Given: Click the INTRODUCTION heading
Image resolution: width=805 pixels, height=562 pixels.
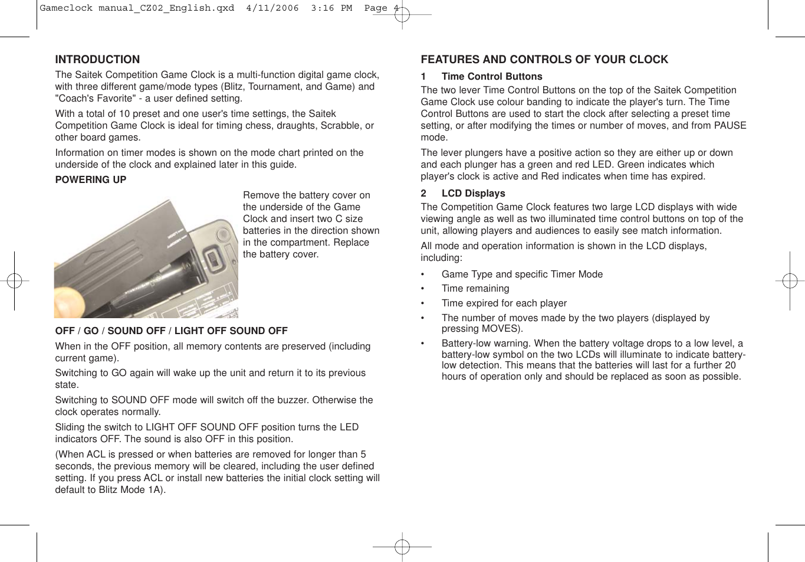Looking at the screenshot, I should tap(97, 60).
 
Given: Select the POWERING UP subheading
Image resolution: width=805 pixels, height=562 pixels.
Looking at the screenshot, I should tap(90, 180).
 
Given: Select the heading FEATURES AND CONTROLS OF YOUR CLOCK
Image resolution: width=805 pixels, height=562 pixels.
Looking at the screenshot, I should tap(544, 60).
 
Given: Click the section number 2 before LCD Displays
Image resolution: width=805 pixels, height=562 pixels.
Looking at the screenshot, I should tap(423, 194).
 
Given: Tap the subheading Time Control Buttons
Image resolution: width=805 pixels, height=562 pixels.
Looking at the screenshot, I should tap(491, 77).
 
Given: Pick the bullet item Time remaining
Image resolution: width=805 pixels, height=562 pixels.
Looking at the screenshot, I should tap(475, 289).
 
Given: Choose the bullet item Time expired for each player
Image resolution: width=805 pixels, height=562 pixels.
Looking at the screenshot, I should tap(504, 303).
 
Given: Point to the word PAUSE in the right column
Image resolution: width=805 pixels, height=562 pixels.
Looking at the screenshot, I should tap(730, 126).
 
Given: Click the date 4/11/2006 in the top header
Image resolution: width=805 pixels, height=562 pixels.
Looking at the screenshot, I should tap(272, 8).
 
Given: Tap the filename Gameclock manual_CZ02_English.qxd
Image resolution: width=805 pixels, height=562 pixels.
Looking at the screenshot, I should tap(137, 8).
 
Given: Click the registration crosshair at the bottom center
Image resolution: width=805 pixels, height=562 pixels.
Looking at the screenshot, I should tap(402, 547).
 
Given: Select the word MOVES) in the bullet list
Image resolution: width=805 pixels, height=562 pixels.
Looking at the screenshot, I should tap(502, 329).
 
